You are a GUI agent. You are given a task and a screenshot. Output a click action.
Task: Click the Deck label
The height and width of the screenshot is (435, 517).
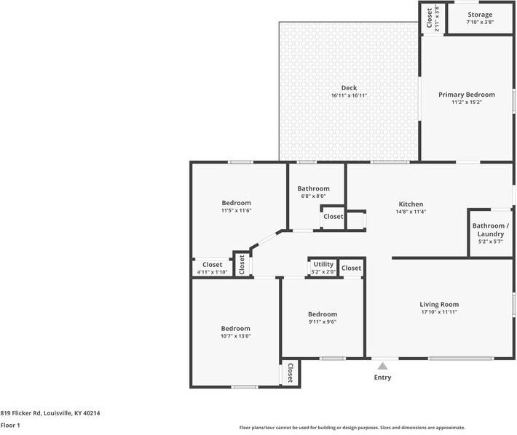coord(349,88)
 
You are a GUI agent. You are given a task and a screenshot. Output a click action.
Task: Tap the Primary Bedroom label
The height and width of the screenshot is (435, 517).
coord(466,95)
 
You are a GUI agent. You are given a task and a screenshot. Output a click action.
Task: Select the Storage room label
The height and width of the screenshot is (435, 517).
coord(480,15)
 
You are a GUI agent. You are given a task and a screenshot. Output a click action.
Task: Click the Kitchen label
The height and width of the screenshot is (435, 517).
coord(411,204)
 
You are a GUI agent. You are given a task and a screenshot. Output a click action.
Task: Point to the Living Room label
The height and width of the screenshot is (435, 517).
coord(439,304)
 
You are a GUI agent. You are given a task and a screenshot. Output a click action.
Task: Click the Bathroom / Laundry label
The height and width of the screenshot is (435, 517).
coord(491,230)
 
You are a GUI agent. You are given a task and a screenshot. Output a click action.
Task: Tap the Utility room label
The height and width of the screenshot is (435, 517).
coord(323,264)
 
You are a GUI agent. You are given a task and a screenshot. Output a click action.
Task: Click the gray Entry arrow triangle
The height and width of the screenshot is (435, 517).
coord(382,365)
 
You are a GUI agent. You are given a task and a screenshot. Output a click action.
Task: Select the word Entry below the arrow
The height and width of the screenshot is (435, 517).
coord(382,378)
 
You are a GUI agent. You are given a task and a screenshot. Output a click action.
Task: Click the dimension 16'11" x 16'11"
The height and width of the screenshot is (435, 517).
coord(349,96)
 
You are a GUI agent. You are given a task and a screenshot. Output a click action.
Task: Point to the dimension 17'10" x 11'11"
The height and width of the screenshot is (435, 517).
coord(439,313)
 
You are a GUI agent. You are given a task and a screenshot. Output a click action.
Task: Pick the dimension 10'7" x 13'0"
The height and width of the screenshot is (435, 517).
coord(235,337)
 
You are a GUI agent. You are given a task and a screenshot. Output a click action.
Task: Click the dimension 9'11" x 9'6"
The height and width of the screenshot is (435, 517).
coord(323,322)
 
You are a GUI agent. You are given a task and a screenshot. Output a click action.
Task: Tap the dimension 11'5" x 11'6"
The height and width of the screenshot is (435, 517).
coord(236,211)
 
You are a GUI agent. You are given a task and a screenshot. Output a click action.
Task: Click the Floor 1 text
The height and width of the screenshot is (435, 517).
coord(10,425)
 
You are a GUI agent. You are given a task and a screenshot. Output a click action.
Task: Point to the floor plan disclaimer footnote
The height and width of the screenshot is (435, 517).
coord(352,428)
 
